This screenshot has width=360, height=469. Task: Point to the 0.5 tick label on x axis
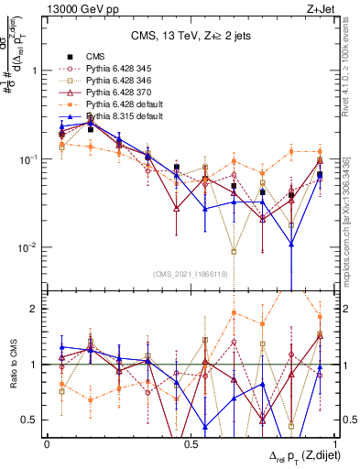pos(191,443)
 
